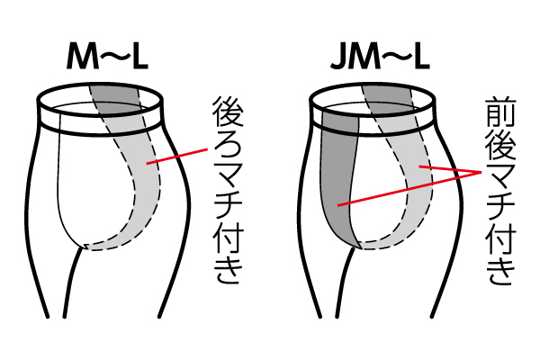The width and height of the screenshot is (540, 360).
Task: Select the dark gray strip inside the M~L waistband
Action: coord(110,94)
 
